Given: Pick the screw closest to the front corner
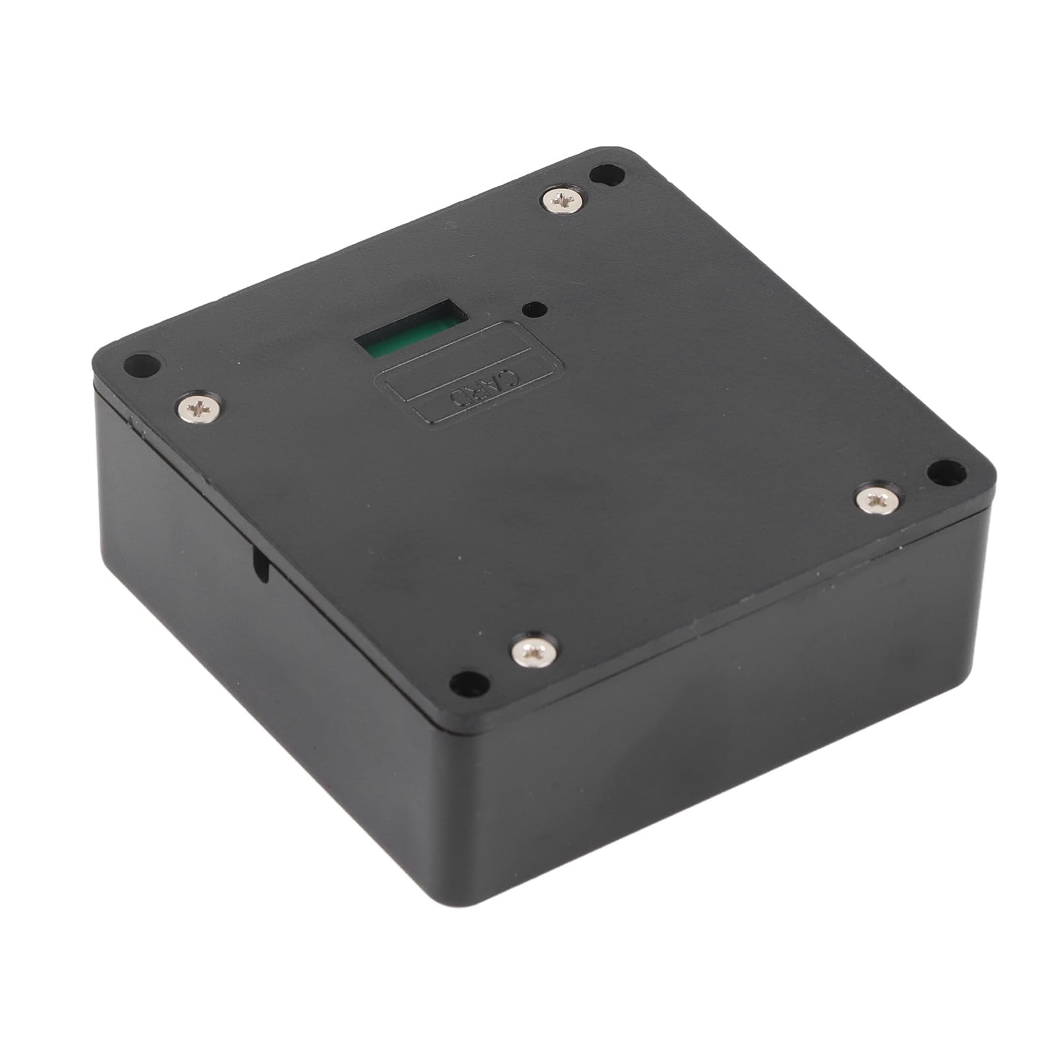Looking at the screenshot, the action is tap(535, 654).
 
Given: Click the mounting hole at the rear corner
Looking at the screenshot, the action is tap(607, 175).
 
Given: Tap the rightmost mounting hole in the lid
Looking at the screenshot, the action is tap(946, 470).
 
